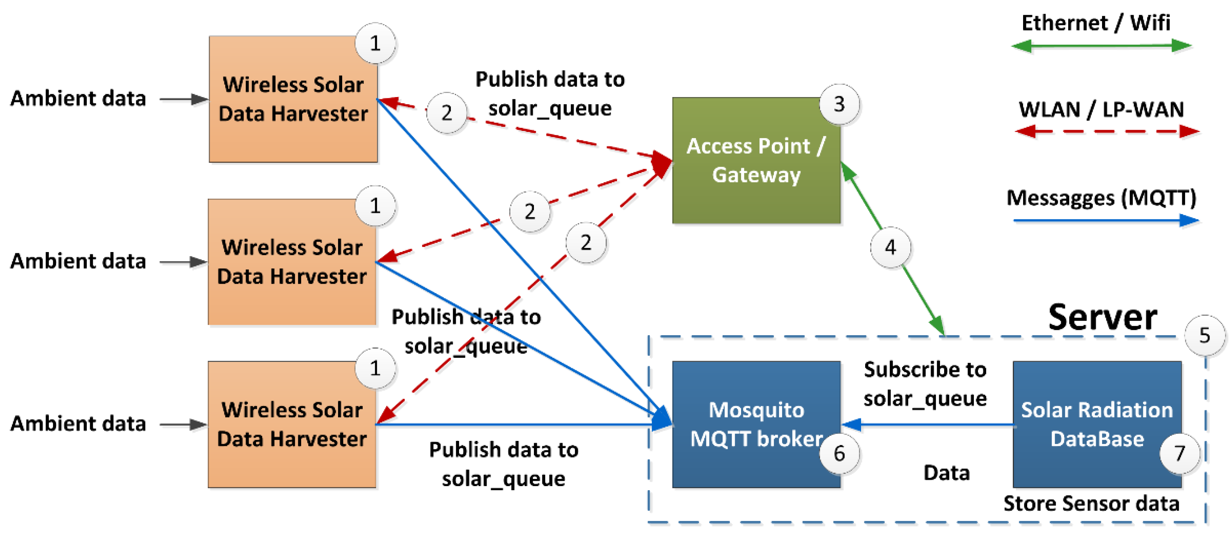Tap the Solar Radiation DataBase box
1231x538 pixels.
point(1096,424)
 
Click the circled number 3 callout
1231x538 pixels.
point(839,104)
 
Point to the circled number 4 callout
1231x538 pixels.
point(890,247)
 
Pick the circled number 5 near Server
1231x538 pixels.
point(1204,335)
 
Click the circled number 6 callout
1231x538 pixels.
point(839,453)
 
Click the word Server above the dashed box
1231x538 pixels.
point(1102,317)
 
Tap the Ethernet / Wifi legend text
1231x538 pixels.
point(1095,23)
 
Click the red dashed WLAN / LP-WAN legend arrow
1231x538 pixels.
point(1106,131)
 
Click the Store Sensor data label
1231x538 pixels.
point(1091,503)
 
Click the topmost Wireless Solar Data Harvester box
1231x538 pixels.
point(293,99)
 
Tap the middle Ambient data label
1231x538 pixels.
point(78,261)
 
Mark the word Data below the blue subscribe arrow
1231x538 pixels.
point(946,473)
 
